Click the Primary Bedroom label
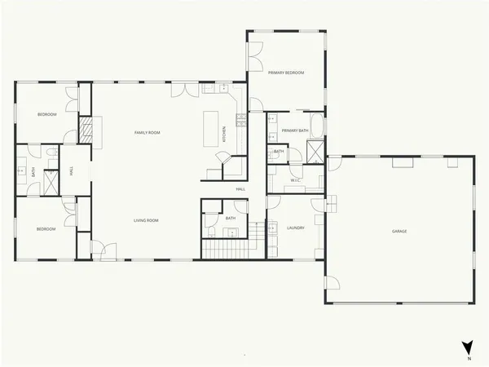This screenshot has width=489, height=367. tap(287, 73)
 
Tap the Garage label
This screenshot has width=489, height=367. tap(399, 231)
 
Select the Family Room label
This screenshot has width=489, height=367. tap(147, 132)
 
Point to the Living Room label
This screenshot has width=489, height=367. tap(146, 220)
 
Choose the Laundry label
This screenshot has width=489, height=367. tap(295, 228)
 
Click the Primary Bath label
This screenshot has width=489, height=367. tap(294, 130)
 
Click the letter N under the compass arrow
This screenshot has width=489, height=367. tap(469, 359)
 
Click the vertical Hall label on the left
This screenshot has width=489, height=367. tap(72, 171)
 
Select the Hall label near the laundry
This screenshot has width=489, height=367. tap(240, 189)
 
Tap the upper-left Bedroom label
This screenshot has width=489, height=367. tap(46, 114)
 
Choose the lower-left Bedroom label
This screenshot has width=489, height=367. tap(46, 229)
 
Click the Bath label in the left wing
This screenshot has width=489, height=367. tap(33, 172)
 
